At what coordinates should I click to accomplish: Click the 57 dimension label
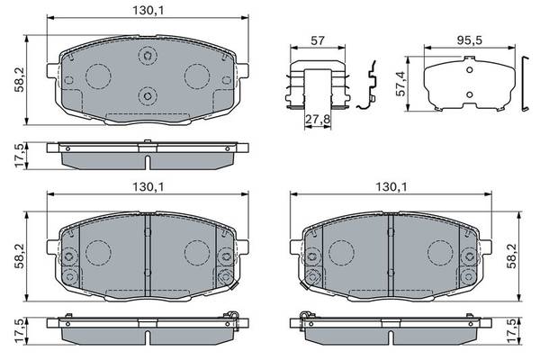click(318, 40)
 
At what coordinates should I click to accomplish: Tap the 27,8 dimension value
click(318, 120)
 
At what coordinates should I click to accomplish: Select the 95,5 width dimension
click(470, 40)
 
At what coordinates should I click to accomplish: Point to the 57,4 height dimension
click(401, 84)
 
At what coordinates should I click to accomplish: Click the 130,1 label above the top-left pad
click(148, 11)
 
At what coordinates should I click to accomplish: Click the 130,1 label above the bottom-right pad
click(391, 187)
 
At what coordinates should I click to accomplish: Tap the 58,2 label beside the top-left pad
click(20, 79)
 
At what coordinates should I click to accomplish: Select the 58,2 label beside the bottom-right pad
click(512, 256)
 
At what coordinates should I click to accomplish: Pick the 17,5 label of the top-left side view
click(20, 156)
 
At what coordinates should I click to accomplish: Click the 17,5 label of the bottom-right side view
click(512, 331)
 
